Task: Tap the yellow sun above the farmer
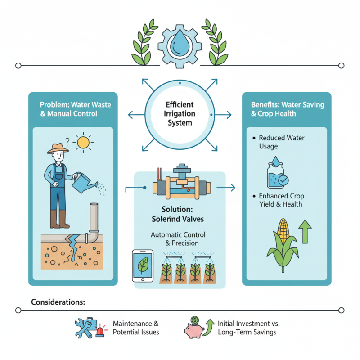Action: click(83, 143)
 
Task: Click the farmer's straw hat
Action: click(58, 148)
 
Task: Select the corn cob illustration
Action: click(283, 230)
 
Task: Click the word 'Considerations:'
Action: click(58, 301)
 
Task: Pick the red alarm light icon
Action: click(100, 332)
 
